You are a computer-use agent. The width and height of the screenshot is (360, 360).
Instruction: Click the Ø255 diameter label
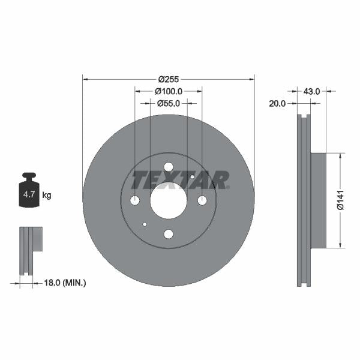[169, 79]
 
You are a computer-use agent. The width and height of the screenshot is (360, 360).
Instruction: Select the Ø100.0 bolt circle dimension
[169, 91]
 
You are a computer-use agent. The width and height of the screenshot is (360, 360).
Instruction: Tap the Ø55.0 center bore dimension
[169, 103]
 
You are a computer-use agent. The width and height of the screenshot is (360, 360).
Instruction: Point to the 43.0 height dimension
[311, 91]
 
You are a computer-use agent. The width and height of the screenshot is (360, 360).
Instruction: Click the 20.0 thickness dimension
[277, 103]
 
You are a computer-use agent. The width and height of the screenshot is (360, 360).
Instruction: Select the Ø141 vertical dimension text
[340, 200]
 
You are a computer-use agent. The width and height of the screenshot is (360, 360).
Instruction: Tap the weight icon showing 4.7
[29, 192]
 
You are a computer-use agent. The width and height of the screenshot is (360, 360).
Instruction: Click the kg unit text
[47, 195]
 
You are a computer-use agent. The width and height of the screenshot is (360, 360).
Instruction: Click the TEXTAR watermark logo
[180, 179]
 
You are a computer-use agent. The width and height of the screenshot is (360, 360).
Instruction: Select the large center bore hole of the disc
[169, 200]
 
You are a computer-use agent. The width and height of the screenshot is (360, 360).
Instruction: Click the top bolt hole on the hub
[169, 167]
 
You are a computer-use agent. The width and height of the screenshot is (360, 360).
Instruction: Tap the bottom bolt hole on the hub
[169, 234]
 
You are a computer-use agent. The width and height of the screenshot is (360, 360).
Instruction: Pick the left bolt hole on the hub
[135, 200]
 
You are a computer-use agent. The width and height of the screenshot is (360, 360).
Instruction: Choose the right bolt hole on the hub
[202, 200]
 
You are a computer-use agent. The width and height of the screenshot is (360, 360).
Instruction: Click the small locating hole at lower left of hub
[145, 224]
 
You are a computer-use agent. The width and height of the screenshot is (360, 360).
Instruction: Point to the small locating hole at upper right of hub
[192, 177]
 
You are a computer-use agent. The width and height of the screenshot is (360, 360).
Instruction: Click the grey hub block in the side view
[318, 200]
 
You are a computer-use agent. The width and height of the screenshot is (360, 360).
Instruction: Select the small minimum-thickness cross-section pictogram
[30, 250]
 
